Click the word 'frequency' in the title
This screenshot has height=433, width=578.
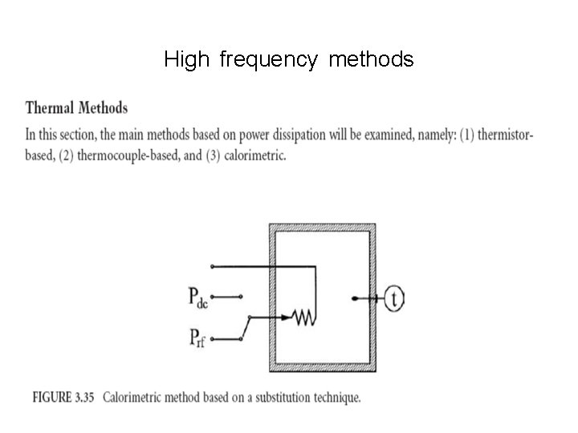(x=268, y=60)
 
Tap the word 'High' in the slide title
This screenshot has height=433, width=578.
(x=186, y=60)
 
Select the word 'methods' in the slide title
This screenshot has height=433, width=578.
(x=370, y=60)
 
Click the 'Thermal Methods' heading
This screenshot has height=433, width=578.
(x=76, y=107)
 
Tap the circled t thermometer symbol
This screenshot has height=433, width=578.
(x=393, y=298)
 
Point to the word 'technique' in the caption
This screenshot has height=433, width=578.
(x=338, y=397)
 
